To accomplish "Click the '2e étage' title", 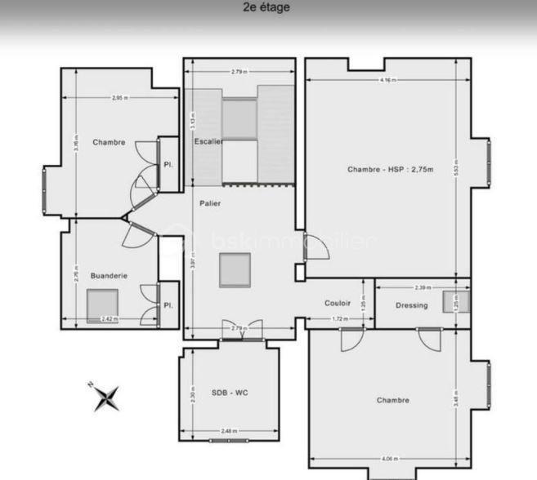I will click(x=266, y=8).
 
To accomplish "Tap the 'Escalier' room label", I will click(x=208, y=142).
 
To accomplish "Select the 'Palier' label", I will click(x=210, y=203).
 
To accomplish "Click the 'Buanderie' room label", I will click(x=109, y=276).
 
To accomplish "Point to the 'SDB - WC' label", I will click(x=230, y=393).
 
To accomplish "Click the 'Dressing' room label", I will click(x=411, y=305).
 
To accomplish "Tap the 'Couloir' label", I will click(x=338, y=303).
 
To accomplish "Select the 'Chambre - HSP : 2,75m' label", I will click(x=390, y=170).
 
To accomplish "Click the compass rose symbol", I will click(x=106, y=398).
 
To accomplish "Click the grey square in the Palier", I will click(x=235, y=270).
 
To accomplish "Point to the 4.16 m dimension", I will click(x=389, y=80).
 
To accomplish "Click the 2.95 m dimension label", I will click(x=119, y=98).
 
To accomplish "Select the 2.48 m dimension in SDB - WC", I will click(x=229, y=431).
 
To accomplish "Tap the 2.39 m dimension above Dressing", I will click(x=422, y=287).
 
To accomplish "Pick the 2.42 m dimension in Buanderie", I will click(x=108, y=318).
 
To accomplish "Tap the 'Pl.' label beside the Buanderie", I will click(x=168, y=305).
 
